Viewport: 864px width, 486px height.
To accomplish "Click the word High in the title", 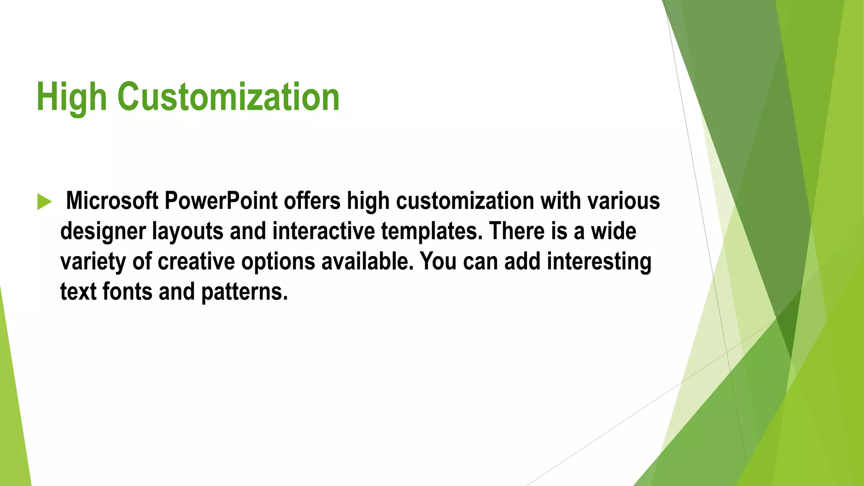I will [71, 97].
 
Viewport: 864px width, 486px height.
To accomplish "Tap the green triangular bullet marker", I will [44, 202].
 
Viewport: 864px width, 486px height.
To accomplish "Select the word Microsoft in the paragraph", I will [112, 201].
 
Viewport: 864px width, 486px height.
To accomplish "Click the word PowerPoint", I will [221, 201].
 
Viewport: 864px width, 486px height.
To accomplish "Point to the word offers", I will [312, 201].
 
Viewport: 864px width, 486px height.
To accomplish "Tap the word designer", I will [103, 232].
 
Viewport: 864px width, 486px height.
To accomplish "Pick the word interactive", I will [323, 231].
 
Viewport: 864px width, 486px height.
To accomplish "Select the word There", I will [516, 231].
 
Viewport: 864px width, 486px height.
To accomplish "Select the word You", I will [438, 262].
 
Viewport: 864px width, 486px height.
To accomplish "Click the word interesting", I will [599, 262].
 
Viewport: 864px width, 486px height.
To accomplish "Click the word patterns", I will [244, 292].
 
